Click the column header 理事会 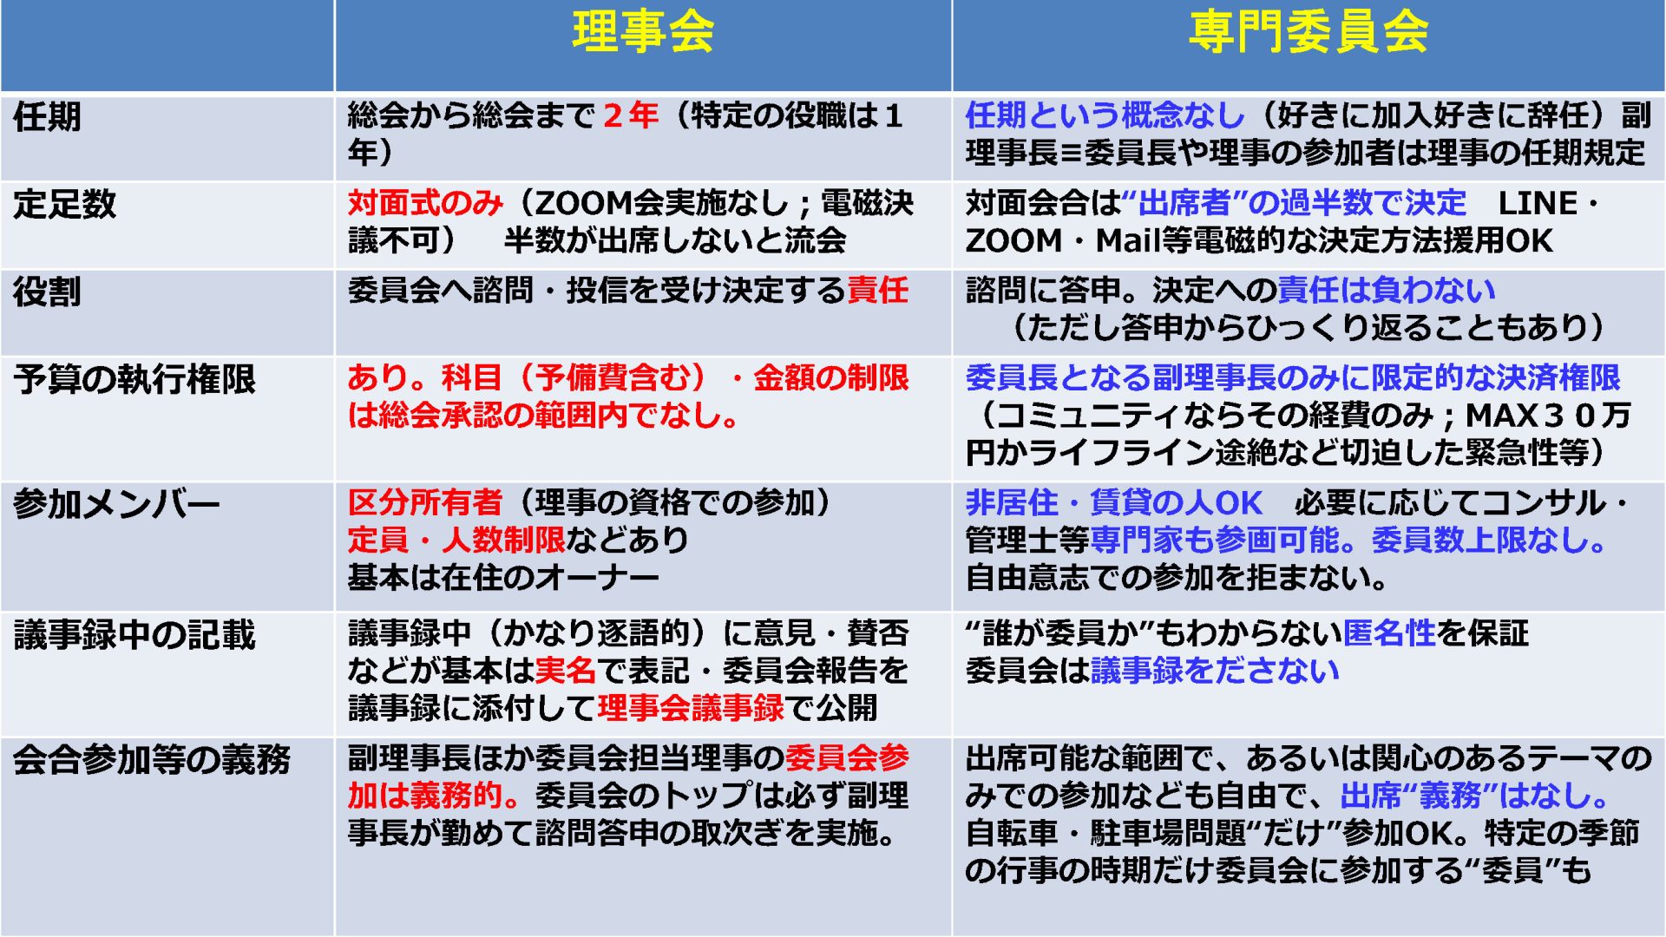643,32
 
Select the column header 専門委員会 1309,32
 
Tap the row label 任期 47,116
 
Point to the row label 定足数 64,204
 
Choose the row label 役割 47,292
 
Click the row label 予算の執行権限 134,379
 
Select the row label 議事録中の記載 134,635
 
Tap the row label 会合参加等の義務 152,760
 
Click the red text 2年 631,115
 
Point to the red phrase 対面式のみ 425,203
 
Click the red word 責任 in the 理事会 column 877,290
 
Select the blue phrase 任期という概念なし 1105,115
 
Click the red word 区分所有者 425,502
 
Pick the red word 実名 566,670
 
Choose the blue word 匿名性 1389,633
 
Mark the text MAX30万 1548,416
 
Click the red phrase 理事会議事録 691,708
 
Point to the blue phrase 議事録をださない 1215,671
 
